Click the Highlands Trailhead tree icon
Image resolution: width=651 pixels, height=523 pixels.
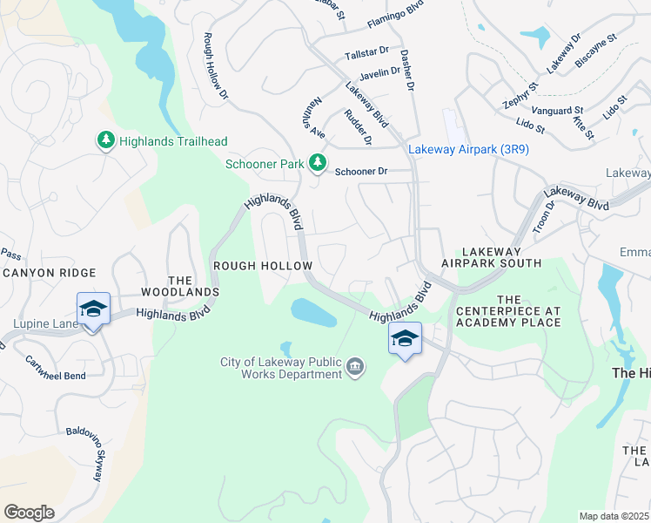click(105, 140)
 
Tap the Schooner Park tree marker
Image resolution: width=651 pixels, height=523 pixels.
click(319, 163)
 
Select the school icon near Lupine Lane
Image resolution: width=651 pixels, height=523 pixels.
click(94, 309)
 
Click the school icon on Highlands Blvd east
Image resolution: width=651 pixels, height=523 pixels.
click(405, 339)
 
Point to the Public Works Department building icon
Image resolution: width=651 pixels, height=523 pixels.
click(355, 368)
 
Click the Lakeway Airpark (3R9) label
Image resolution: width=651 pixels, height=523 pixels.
click(468, 149)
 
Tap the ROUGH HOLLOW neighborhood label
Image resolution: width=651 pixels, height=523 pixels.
click(262, 265)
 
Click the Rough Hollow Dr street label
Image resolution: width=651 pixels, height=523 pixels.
click(216, 66)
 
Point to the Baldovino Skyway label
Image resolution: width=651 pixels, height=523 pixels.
click(92, 452)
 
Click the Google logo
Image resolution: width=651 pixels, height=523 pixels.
click(29, 513)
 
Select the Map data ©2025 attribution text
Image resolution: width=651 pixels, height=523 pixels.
click(614, 516)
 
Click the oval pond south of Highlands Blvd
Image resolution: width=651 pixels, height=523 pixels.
click(313, 312)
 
